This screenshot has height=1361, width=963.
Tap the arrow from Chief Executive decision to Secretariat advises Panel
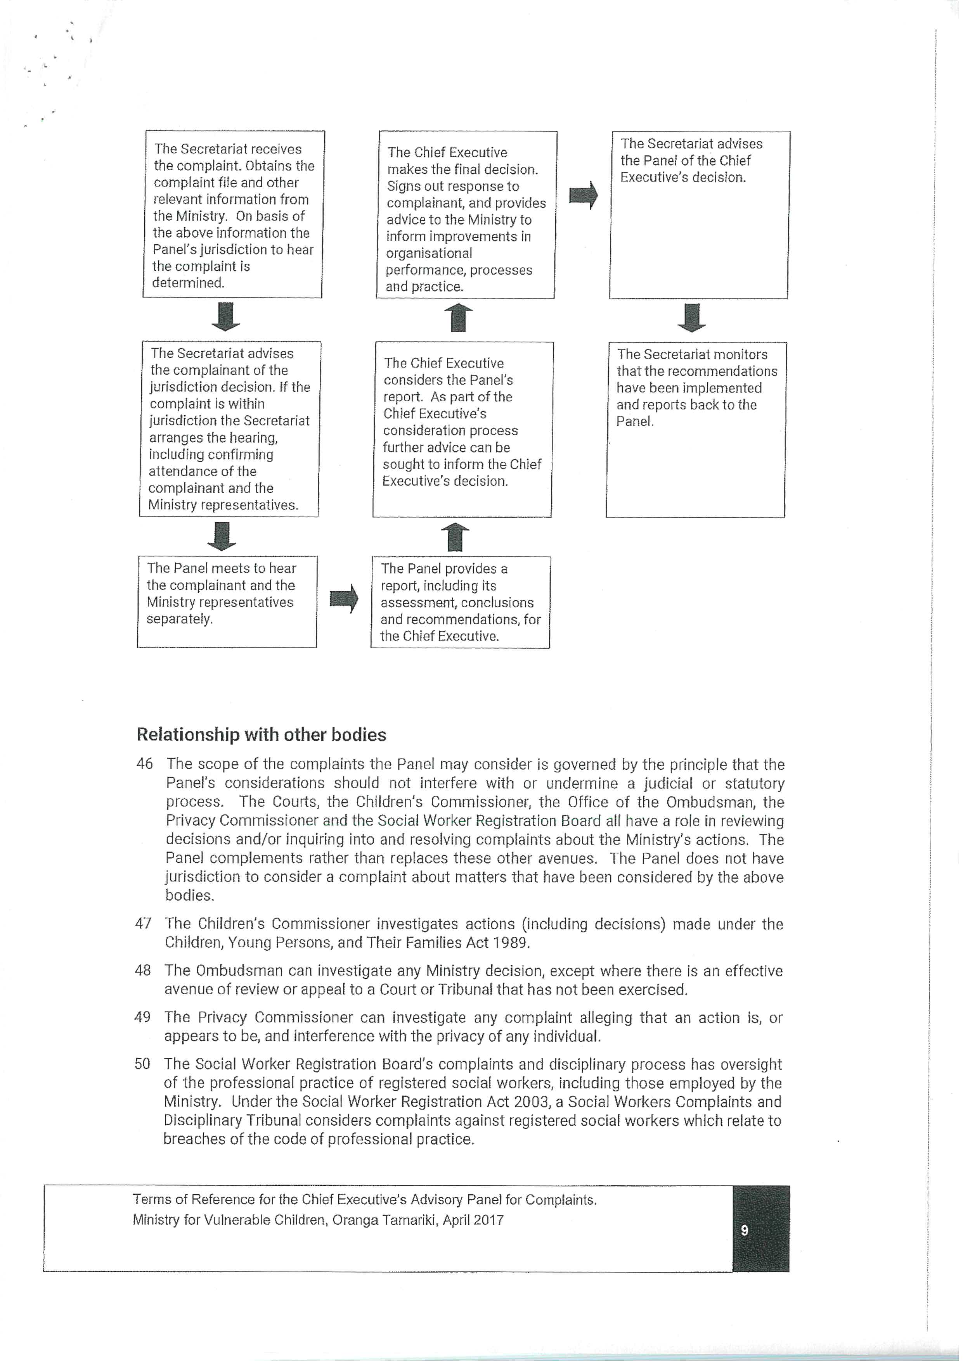coord(584,195)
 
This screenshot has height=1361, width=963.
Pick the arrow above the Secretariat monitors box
coord(691,317)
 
